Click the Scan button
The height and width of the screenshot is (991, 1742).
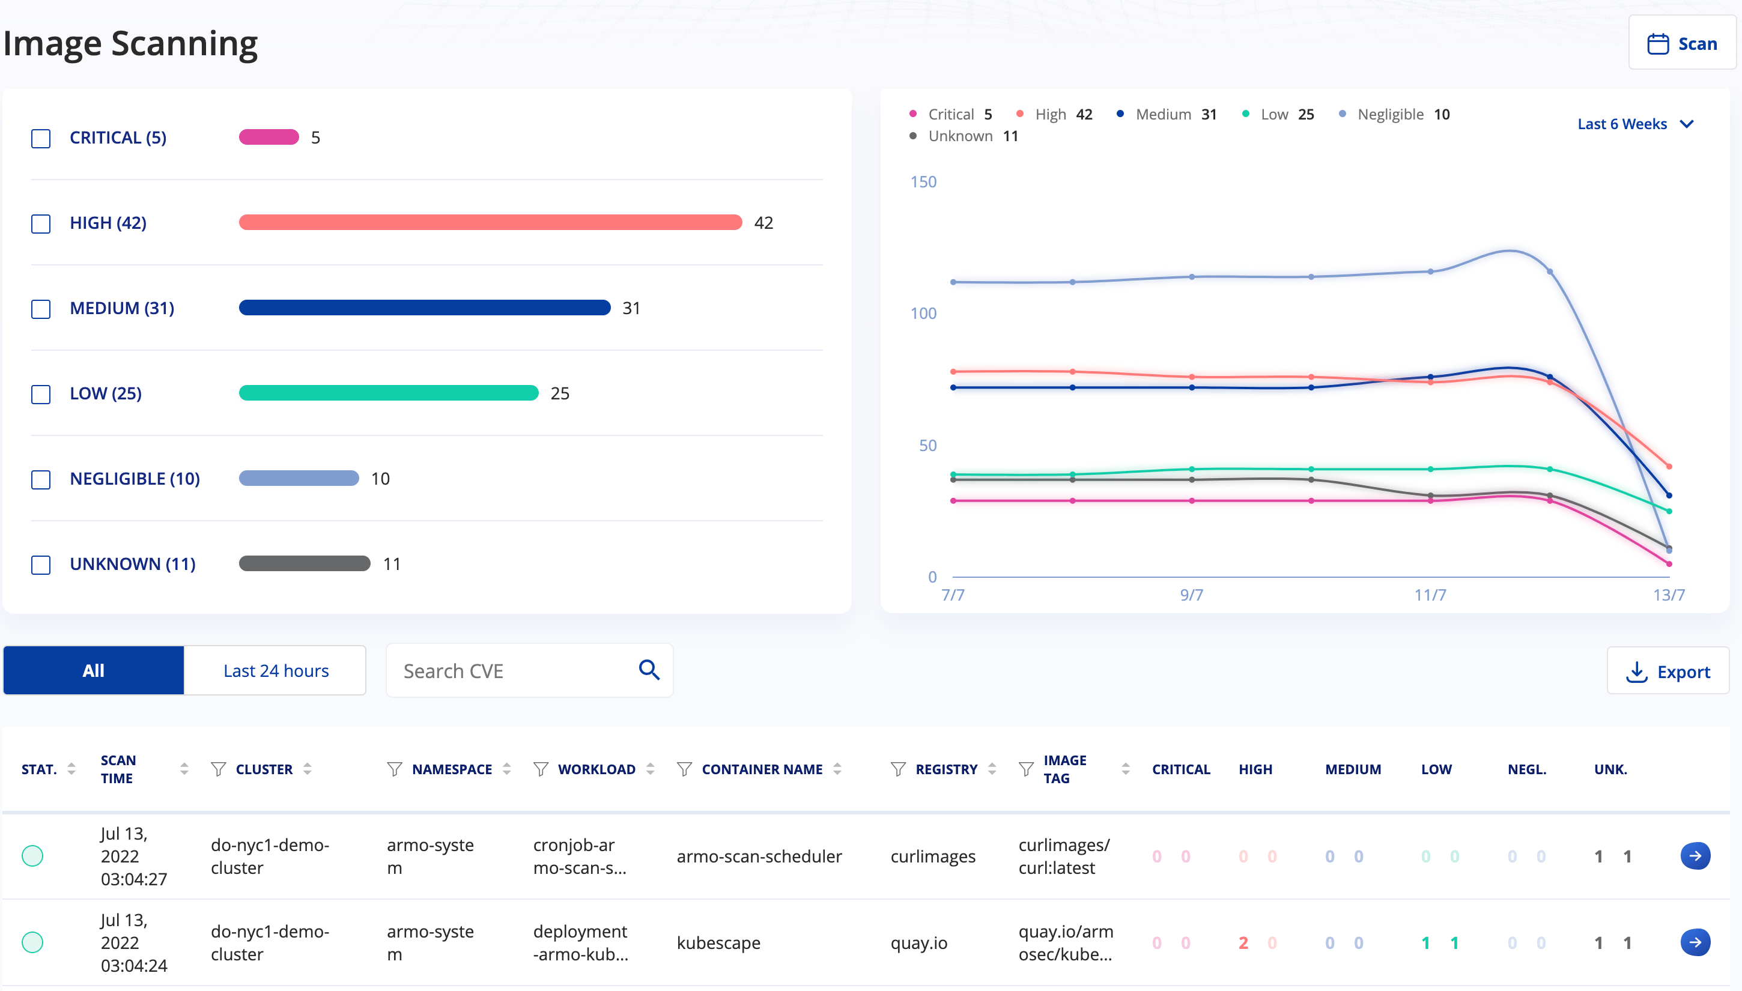(x=1681, y=44)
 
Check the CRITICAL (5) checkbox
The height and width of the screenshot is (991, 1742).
(x=41, y=138)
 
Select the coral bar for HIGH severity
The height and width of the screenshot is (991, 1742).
(x=490, y=223)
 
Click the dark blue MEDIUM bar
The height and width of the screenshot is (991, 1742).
(x=425, y=308)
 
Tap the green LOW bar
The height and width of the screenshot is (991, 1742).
(x=389, y=393)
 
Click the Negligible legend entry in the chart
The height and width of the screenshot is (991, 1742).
(x=1394, y=114)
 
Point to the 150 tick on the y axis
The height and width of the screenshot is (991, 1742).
(x=923, y=182)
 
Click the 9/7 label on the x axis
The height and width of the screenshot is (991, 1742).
(x=1191, y=595)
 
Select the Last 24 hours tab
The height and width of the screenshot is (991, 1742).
(x=276, y=670)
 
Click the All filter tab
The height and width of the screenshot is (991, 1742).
(x=93, y=670)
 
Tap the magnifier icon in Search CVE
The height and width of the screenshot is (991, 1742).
(x=649, y=670)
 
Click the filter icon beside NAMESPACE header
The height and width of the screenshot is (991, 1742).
(x=394, y=769)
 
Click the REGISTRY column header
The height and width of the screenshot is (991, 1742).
(x=946, y=769)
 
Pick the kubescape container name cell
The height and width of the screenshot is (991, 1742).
(x=718, y=943)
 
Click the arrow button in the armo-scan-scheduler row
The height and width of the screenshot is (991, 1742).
(x=1695, y=855)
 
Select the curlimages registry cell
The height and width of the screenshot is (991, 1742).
(x=933, y=856)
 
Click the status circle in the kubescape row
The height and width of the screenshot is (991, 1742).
(x=32, y=943)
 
